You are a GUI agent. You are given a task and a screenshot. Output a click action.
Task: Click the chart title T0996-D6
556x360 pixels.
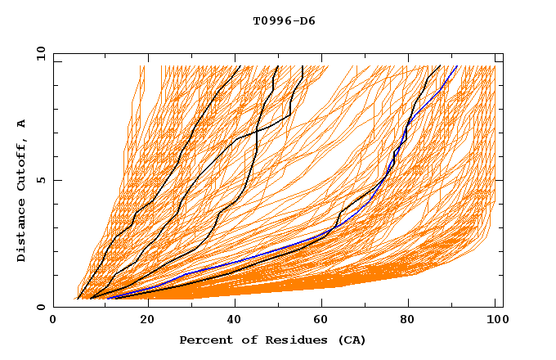[x=284, y=21]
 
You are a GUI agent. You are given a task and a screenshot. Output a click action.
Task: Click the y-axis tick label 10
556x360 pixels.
[x=40, y=53]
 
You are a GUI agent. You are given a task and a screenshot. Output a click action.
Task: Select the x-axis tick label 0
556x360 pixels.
[x=53, y=321]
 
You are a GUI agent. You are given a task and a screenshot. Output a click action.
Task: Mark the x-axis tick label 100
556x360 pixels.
[x=495, y=321]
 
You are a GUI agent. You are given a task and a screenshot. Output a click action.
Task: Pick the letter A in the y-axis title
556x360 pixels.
[x=22, y=123]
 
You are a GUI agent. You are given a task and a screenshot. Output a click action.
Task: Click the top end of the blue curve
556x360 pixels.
[x=456, y=65]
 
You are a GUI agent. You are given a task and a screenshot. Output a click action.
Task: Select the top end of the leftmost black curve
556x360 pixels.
[x=239, y=65]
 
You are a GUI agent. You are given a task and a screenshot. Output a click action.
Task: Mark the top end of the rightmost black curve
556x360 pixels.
[x=441, y=65]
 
